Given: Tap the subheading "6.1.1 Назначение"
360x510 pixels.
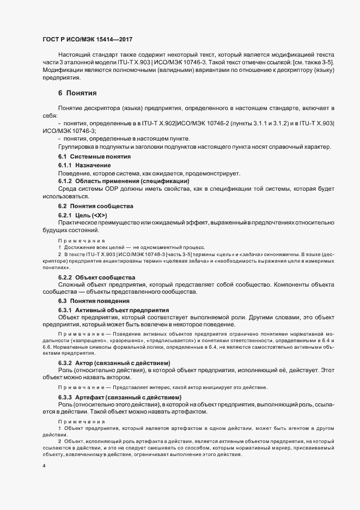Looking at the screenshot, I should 85,165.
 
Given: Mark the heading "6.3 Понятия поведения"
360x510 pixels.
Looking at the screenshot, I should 94,301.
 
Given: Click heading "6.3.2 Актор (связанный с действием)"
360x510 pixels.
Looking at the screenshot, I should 114,363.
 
